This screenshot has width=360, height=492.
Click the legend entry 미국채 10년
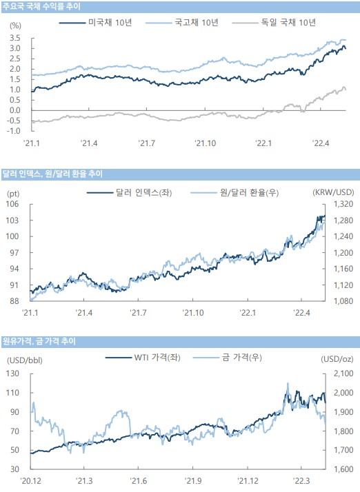pos(95,23)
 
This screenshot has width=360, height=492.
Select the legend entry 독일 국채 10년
pos(274,23)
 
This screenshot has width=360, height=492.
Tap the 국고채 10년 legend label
pos(182,23)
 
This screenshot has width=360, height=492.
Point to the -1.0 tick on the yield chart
pos(14,131)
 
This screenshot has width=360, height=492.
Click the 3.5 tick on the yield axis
pos(15,38)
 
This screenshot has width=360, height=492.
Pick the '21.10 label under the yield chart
pos(205,143)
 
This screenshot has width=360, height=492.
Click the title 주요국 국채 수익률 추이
pos(41,6)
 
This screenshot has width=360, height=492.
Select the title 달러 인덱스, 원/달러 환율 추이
pos(52,174)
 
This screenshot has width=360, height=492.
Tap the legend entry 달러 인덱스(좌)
pos(130,192)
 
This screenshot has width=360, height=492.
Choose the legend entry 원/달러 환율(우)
pos(234,192)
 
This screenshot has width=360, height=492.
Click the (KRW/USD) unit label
pos(333,192)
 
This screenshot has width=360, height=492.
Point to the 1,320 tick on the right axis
pos(343,204)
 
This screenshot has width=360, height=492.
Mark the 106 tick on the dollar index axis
pos(12,204)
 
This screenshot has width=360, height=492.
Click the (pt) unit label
pos(13,194)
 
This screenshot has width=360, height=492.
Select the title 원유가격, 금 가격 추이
pos(39,341)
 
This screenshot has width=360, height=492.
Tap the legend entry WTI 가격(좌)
pos(143,358)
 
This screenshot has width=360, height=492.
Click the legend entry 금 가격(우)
pos(228,358)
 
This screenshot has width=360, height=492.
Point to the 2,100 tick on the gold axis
pos(343,373)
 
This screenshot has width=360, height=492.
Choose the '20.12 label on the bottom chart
pos(30,481)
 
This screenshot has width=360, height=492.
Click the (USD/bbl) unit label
pos(25,360)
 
